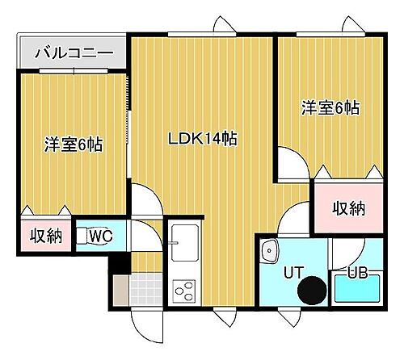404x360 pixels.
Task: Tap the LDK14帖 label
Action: [202, 138]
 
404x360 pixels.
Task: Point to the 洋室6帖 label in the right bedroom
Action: [330, 107]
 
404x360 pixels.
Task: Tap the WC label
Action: [101, 237]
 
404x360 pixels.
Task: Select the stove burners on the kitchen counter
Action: [182, 288]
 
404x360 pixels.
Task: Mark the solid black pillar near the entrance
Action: [119, 263]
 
